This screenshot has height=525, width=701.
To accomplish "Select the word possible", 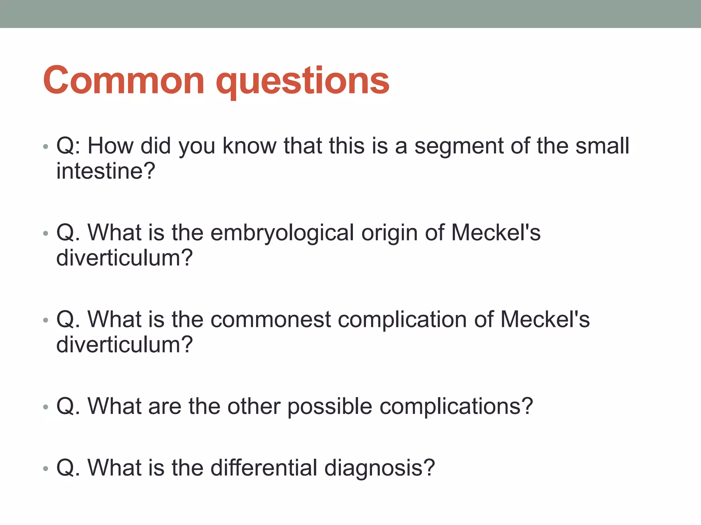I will point(329,407).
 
